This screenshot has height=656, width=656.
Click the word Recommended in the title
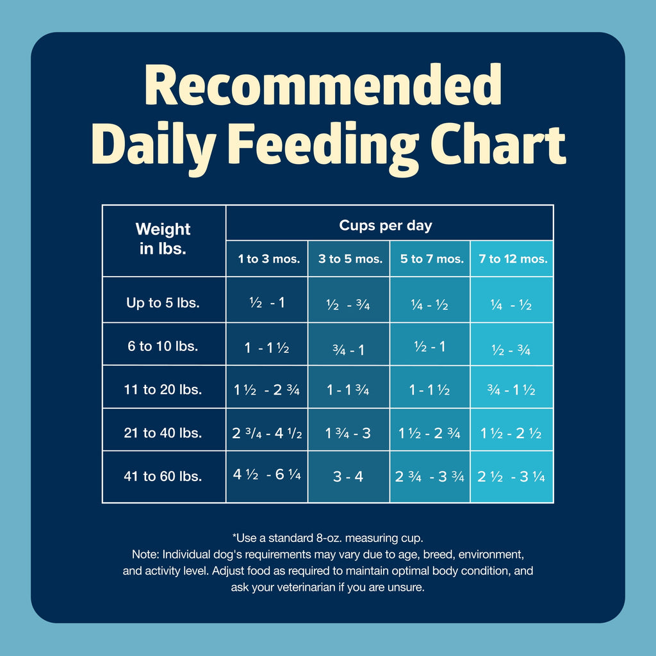point(327,88)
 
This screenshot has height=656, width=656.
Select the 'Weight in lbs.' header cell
point(163,239)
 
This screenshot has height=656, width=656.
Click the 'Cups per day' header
point(385,225)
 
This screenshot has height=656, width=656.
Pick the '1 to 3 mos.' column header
point(268,259)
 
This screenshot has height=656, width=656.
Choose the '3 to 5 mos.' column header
point(350,259)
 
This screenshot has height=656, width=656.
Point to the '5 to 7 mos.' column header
point(431,259)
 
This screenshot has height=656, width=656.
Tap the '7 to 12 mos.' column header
point(512,259)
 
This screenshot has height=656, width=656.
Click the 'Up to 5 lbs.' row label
point(163,302)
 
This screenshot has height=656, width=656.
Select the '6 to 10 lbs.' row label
point(163,347)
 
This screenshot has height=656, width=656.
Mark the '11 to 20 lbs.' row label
point(163,389)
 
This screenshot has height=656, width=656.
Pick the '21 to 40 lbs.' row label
point(163,433)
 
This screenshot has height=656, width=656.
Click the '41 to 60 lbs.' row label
point(163,477)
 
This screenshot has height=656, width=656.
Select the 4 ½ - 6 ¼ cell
point(266,475)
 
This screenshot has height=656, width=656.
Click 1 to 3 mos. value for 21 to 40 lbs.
point(266,433)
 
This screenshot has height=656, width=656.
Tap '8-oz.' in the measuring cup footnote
point(321,537)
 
